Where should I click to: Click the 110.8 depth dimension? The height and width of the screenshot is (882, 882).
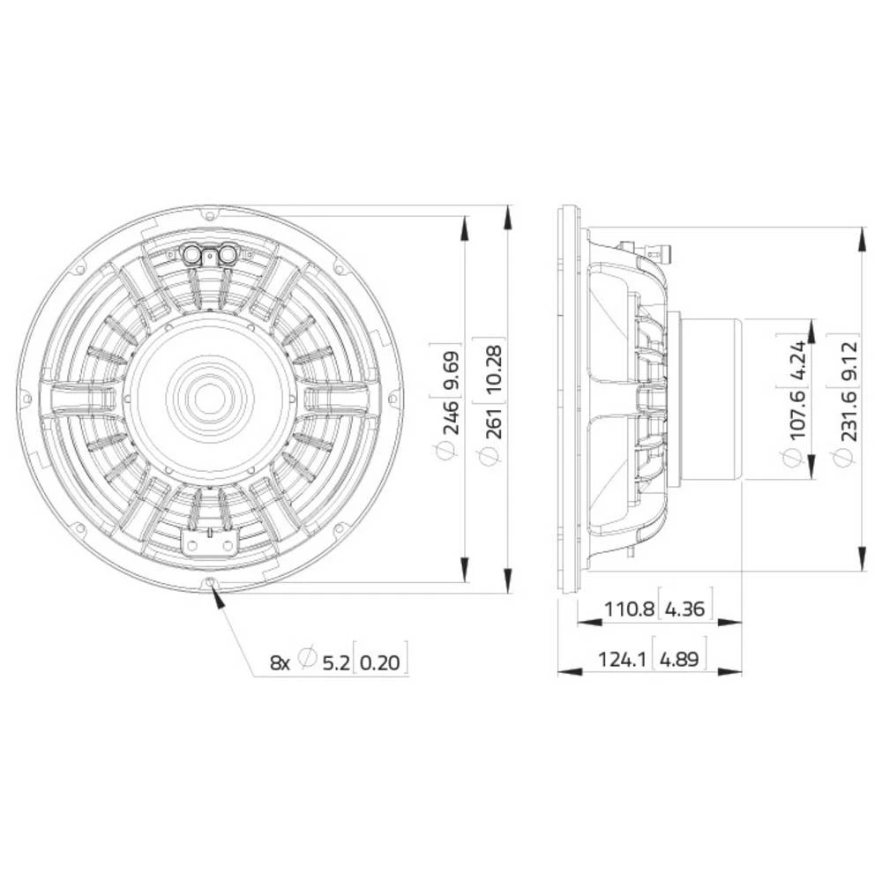(629, 609)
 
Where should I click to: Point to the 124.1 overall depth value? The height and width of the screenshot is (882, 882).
(624, 658)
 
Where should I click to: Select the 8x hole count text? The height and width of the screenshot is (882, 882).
(280, 661)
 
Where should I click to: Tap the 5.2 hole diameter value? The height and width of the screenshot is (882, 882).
(334, 661)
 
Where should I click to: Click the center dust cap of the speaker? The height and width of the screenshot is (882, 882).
(208, 398)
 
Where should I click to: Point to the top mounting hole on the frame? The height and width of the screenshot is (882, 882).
(208, 214)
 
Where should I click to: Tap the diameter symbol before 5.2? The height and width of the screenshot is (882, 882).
(307, 660)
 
